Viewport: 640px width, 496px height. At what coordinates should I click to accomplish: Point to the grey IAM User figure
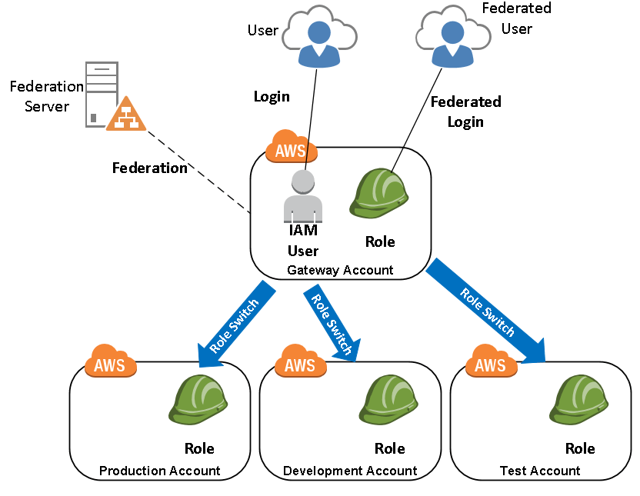303,196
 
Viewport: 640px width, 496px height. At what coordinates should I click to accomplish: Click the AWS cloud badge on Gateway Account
291,148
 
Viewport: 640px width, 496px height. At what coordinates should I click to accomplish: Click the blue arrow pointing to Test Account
487,311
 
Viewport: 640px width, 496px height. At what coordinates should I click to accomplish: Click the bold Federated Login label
465,112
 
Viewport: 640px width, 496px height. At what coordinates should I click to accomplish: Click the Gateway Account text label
339,270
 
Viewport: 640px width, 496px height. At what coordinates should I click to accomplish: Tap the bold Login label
272,96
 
